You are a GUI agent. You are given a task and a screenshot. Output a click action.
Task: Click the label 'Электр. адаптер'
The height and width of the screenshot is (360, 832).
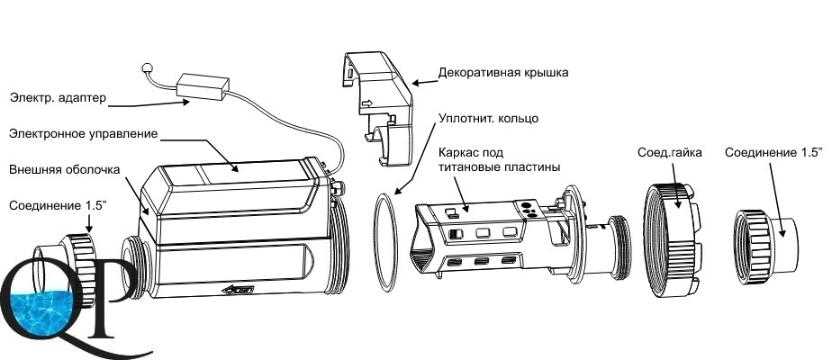(x=58, y=98)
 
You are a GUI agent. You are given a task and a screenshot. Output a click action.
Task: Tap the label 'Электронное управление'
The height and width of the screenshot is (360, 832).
(x=84, y=133)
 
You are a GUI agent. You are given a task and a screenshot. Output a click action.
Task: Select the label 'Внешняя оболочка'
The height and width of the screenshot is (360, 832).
(x=65, y=170)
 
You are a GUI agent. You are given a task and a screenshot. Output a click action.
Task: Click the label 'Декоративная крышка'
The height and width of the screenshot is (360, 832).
(x=503, y=72)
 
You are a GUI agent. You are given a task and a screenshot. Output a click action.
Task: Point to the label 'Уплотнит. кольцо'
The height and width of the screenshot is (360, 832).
(x=489, y=118)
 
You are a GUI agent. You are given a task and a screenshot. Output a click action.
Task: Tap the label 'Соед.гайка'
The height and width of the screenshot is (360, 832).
(x=669, y=153)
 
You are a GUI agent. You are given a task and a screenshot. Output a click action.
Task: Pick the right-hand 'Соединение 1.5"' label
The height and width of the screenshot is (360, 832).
(x=773, y=153)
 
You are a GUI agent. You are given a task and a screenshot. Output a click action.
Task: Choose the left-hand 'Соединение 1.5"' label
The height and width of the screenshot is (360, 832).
(x=59, y=206)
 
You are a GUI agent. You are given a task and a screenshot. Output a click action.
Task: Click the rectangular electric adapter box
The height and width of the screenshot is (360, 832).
(x=203, y=86)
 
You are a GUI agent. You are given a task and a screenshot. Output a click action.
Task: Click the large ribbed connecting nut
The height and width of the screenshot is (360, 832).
(x=673, y=239)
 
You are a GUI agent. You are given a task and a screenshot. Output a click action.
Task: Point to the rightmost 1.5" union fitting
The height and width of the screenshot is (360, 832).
(x=764, y=247)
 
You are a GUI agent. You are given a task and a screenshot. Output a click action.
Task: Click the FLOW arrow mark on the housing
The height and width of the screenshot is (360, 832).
(x=238, y=289)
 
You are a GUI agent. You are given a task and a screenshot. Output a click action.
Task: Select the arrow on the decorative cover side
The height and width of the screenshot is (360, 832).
(x=366, y=103)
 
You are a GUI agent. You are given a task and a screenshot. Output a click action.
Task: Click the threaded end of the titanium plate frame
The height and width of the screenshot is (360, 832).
(x=619, y=247)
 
